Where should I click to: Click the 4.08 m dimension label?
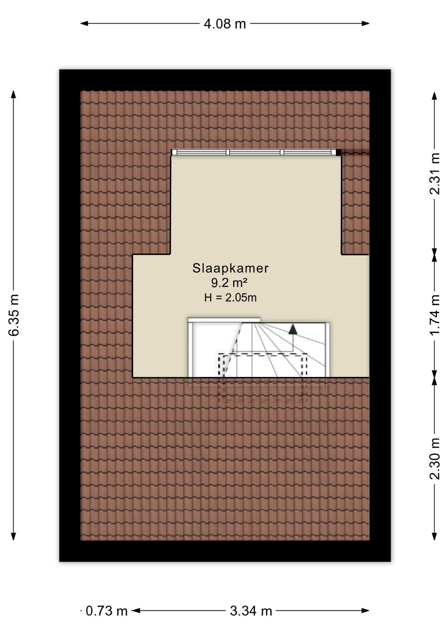225,24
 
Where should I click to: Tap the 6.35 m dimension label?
14,315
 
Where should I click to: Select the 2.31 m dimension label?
434,173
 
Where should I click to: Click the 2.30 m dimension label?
434,458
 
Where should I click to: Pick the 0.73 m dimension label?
107,611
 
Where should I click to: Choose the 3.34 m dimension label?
251,611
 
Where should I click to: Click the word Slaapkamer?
231,268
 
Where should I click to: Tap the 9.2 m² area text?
229,283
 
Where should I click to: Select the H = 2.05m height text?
230,298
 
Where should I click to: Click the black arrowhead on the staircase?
293,330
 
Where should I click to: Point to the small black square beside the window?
338,152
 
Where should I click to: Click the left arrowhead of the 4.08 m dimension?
84,23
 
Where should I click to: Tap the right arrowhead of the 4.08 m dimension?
365,23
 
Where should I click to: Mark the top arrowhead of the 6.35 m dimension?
14,95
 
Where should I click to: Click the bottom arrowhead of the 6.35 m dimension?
14,536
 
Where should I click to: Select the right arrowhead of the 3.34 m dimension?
365,611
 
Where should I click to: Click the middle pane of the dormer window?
255,152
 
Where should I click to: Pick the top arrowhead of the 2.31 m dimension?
434,96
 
